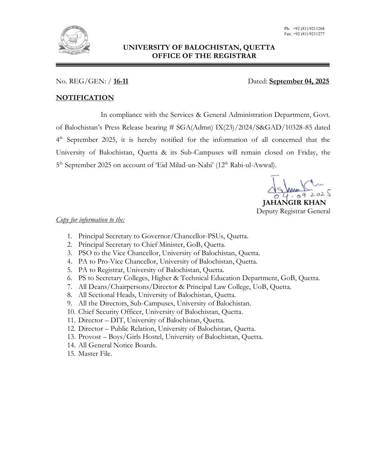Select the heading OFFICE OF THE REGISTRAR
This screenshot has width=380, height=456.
point(204,56)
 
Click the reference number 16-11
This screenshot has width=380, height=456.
point(121,82)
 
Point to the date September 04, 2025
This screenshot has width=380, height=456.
point(299,82)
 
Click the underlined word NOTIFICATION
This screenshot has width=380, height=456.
point(85,98)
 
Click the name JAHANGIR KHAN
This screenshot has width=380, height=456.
point(294,203)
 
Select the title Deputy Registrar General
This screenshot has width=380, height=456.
point(293,211)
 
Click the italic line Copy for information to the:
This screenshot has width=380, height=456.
point(90,220)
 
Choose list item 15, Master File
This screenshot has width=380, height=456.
point(95,354)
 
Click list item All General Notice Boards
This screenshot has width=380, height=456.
point(118,345)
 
